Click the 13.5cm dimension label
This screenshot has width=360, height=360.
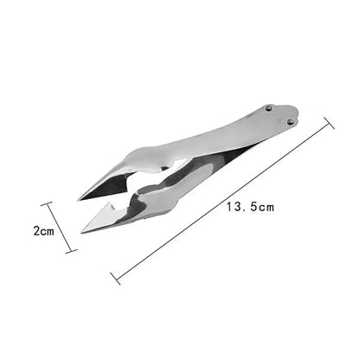[250, 208]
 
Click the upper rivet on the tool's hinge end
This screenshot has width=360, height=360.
[267, 107]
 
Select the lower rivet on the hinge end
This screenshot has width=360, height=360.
[290, 121]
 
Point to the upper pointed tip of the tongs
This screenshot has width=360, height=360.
[80, 199]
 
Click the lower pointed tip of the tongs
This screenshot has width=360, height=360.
[83, 232]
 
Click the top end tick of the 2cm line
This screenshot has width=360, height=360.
[48, 204]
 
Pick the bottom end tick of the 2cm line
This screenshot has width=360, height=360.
[71, 250]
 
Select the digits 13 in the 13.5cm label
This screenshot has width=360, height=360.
[234, 208]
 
